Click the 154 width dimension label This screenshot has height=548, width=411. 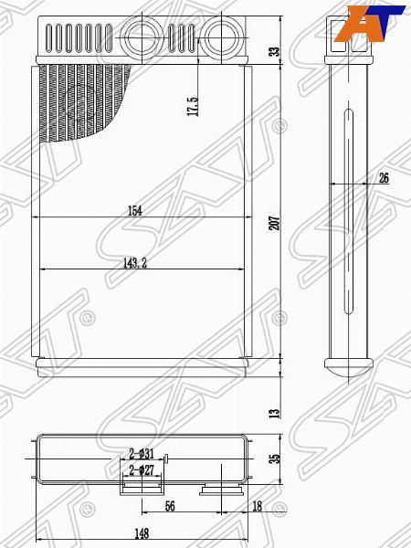point(135,211)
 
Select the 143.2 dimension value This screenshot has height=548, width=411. point(134,263)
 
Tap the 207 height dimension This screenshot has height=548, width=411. point(272,221)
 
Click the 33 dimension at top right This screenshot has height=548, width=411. point(272,51)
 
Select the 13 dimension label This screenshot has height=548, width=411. point(272,413)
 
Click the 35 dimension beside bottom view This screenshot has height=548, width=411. point(272,459)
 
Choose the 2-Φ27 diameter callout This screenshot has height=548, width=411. point(142,470)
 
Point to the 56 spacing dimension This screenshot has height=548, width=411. point(170,504)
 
